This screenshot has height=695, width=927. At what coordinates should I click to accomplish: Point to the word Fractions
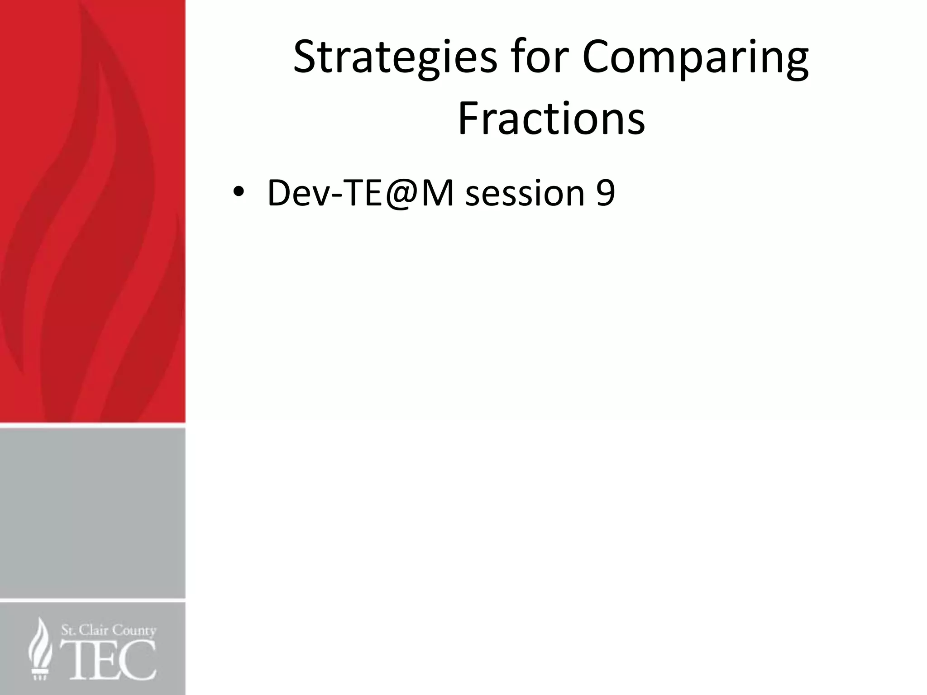coord(551,119)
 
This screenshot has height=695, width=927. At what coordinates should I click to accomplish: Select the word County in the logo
coord(134,631)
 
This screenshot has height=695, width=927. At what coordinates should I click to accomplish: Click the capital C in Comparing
coord(597,58)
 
